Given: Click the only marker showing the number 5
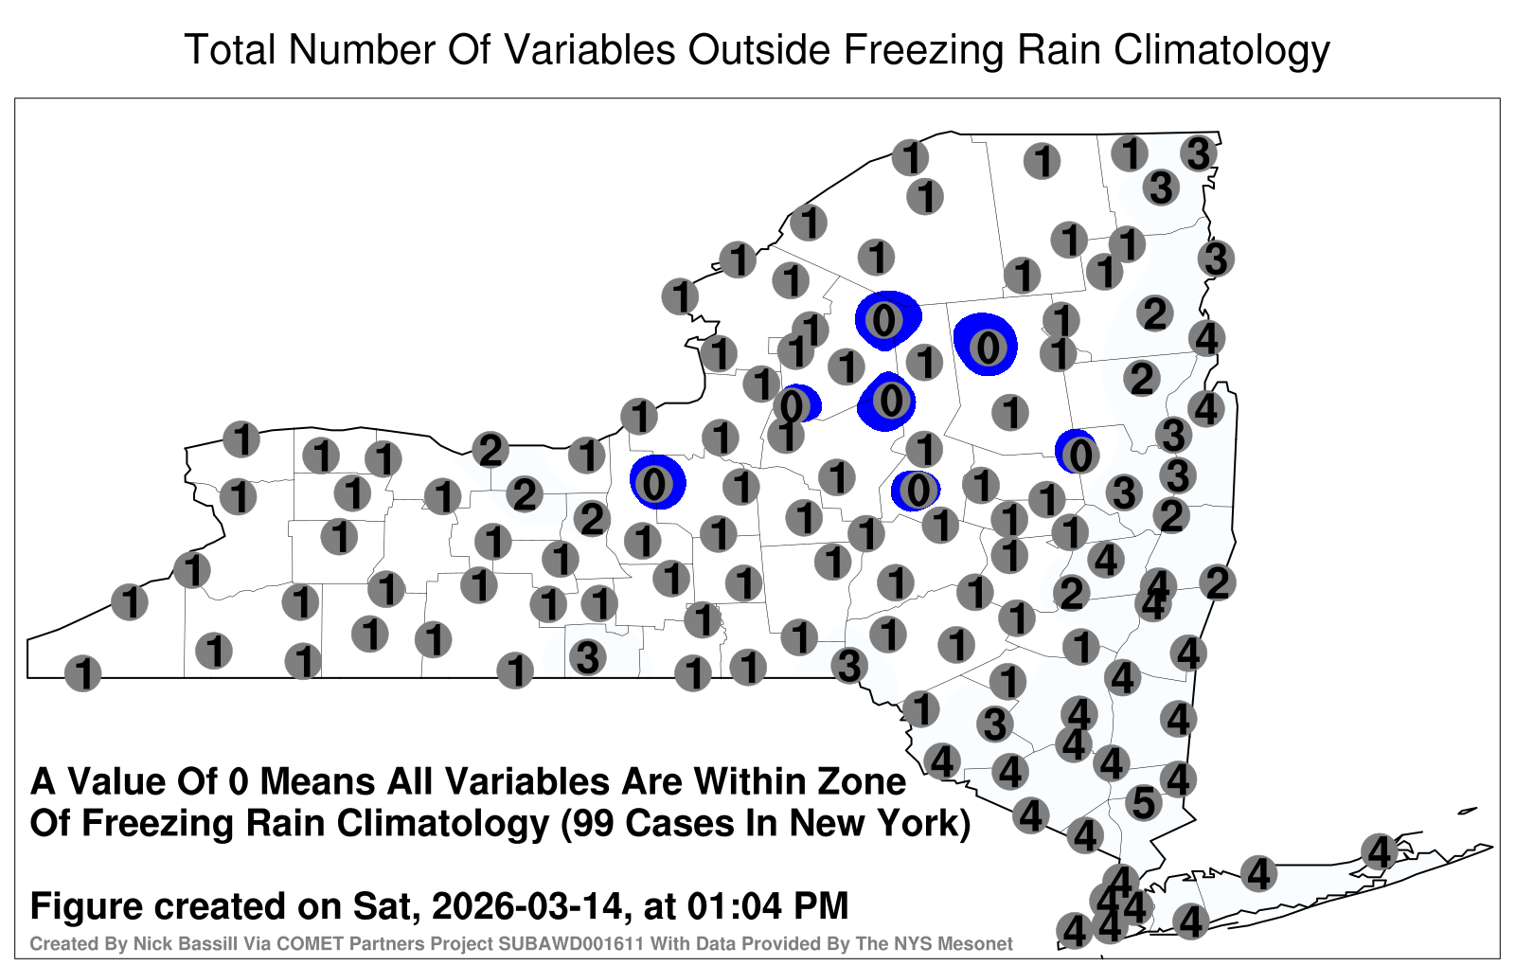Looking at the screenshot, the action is tap(1144, 803).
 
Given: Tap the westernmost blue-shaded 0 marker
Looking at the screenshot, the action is tap(654, 484).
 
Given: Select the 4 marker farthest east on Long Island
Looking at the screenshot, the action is tap(1379, 851).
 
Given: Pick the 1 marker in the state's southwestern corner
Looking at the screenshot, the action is tap(82, 673).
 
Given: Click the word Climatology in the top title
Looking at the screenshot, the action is tap(1221, 51).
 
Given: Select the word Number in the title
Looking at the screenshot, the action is tap(363, 49).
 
